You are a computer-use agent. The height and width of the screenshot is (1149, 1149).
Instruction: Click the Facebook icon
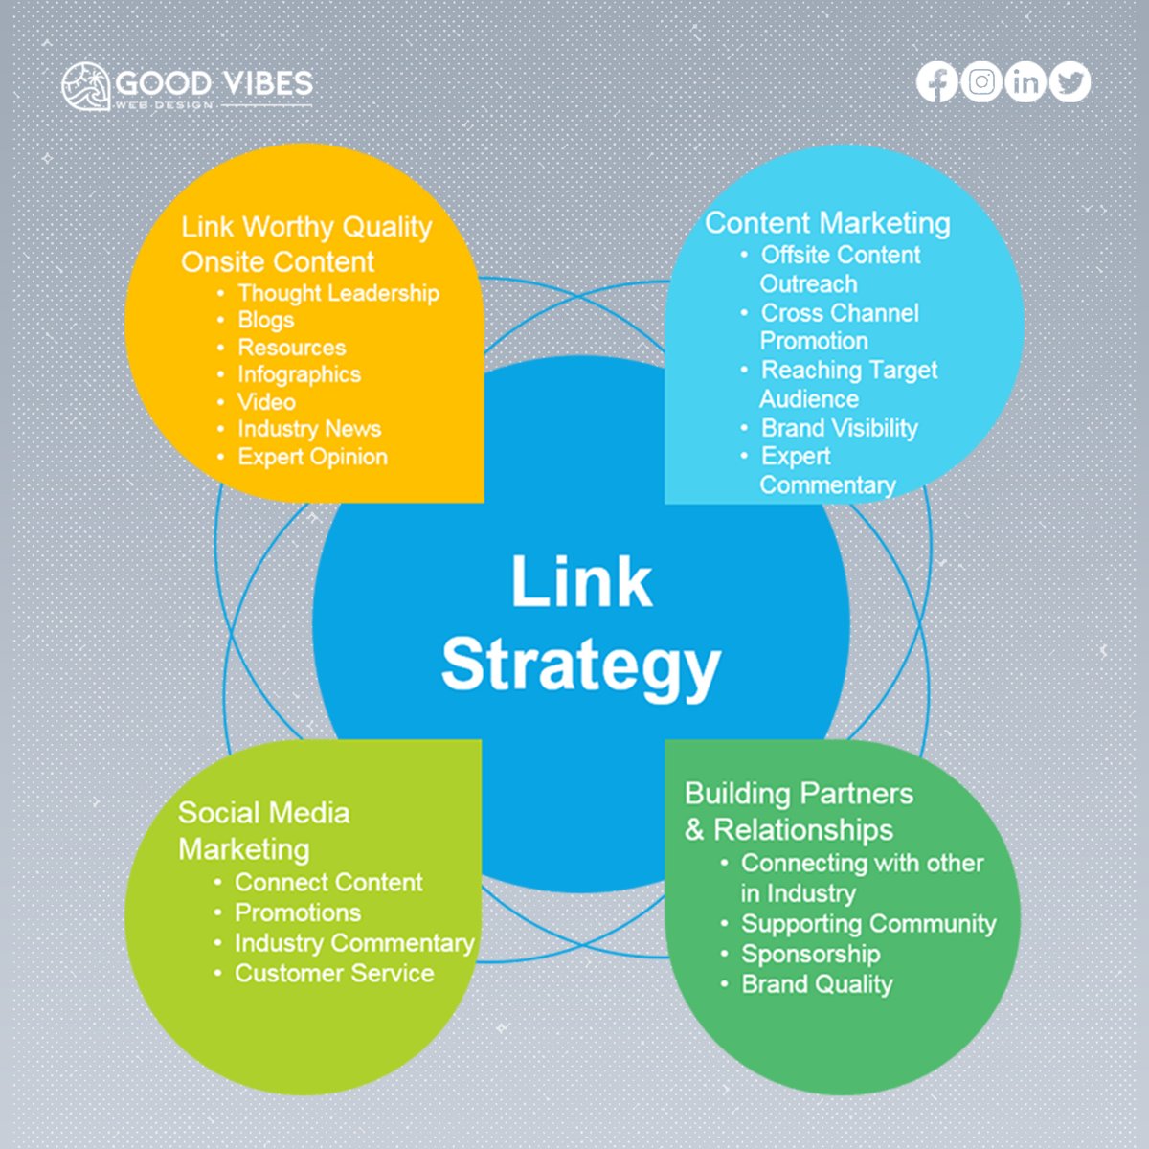point(936,82)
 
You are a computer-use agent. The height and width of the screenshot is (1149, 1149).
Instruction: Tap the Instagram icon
point(980,82)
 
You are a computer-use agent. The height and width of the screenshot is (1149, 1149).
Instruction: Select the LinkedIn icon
point(1025,82)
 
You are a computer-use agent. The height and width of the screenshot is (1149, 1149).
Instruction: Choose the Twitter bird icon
point(1070,82)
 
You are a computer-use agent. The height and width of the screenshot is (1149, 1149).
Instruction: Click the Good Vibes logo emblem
point(85,86)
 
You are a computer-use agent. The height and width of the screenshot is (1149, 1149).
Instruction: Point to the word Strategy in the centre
point(580,665)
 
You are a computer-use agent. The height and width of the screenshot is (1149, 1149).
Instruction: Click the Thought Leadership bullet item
point(338,293)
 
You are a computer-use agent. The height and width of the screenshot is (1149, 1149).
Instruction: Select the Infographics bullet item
point(299,374)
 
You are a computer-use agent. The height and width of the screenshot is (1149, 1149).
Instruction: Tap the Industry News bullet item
point(308,429)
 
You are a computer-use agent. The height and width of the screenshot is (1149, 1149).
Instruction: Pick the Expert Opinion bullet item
point(312,457)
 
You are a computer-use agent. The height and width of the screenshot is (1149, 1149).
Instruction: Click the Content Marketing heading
point(827,223)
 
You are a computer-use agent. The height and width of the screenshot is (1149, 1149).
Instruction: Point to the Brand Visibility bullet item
point(839,428)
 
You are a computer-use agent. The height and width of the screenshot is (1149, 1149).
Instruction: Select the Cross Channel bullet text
point(840,313)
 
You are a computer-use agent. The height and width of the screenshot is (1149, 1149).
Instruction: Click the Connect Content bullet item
point(328,882)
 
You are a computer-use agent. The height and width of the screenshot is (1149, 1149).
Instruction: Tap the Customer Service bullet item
point(334,974)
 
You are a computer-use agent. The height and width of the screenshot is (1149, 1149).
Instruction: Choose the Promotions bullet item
point(298,912)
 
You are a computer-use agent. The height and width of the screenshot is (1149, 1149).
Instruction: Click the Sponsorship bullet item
point(810,954)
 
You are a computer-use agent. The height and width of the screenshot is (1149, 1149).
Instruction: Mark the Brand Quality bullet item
point(817,984)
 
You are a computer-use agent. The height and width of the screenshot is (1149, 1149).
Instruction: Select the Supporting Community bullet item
point(868,924)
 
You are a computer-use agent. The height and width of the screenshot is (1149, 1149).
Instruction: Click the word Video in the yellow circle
point(266,402)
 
